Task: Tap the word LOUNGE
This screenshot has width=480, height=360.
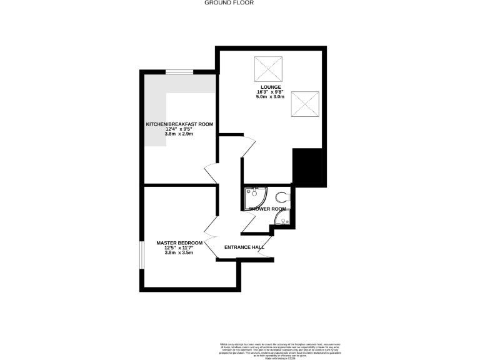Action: (x=270, y=87)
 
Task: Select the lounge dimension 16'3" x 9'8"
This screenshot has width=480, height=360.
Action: (x=270, y=92)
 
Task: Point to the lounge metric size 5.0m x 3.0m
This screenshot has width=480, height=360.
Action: (x=270, y=97)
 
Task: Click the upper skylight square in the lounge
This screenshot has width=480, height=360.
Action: (x=264, y=69)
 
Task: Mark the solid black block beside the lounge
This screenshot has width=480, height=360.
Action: (x=307, y=167)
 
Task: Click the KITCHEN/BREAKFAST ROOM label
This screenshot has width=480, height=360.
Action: (x=179, y=124)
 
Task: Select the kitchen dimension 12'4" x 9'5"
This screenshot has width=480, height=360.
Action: (x=179, y=130)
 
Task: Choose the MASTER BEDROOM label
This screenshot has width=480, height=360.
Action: (x=179, y=242)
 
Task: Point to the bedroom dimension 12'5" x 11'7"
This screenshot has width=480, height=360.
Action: (x=179, y=248)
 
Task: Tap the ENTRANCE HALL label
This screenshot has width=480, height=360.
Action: (x=244, y=247)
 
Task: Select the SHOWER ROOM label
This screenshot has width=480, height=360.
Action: (x=267, y=209)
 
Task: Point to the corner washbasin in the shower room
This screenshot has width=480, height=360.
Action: (x=284, y=219)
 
